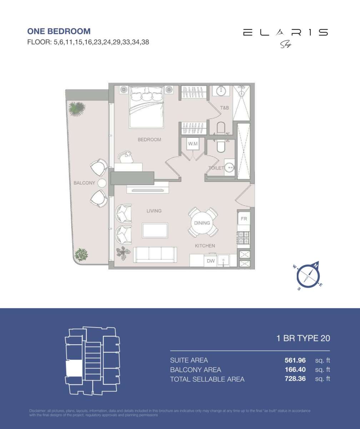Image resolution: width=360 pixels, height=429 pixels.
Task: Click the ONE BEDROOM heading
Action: tap(59, 31)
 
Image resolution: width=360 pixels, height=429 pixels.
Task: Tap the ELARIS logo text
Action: tap(285, 33)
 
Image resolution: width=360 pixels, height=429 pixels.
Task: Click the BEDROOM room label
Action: tap(149, 140)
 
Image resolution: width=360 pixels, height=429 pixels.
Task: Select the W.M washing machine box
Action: tap(193, 144)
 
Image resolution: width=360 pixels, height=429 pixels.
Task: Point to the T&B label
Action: tap(224, 108)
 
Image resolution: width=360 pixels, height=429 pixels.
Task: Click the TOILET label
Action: tap(216, 168)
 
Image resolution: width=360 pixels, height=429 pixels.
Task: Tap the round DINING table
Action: tap(202, 223)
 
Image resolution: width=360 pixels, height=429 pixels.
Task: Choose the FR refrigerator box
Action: tap(244, 219)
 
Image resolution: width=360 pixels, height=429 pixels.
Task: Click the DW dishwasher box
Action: tap(211, 261)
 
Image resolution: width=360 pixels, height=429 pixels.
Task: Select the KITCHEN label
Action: tap(205, 246)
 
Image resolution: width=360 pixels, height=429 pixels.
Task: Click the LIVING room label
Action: tap(154, 211)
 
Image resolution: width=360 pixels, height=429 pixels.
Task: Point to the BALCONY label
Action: tap(84, 183)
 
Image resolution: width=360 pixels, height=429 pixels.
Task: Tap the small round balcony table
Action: tap(102, 183)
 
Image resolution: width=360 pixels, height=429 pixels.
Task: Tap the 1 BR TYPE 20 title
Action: tap(303, 338)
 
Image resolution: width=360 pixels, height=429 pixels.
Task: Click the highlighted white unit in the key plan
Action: tap(74, 368)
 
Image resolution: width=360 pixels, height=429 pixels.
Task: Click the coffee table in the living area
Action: tap(155, 230)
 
